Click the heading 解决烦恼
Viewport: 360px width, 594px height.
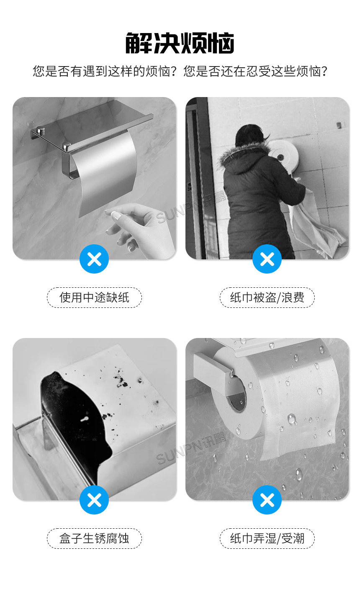click(180, 43)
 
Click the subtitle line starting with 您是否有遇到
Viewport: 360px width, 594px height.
click(180, 71)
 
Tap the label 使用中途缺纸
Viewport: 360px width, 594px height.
click(94, 297)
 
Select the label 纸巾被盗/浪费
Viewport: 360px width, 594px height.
click(267, 297)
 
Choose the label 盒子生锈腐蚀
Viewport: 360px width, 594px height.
click(94, 538)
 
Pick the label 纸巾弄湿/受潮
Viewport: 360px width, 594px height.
click(267, 538)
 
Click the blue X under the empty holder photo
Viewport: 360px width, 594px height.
click(94, 259)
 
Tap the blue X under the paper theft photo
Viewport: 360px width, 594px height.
click(267, 259)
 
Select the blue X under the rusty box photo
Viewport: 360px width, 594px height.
click(94, 500)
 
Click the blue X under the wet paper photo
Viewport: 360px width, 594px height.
click(267, 500)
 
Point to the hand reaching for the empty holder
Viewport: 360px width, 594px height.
click(138, 226)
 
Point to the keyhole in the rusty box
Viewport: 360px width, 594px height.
click(86, 418)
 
